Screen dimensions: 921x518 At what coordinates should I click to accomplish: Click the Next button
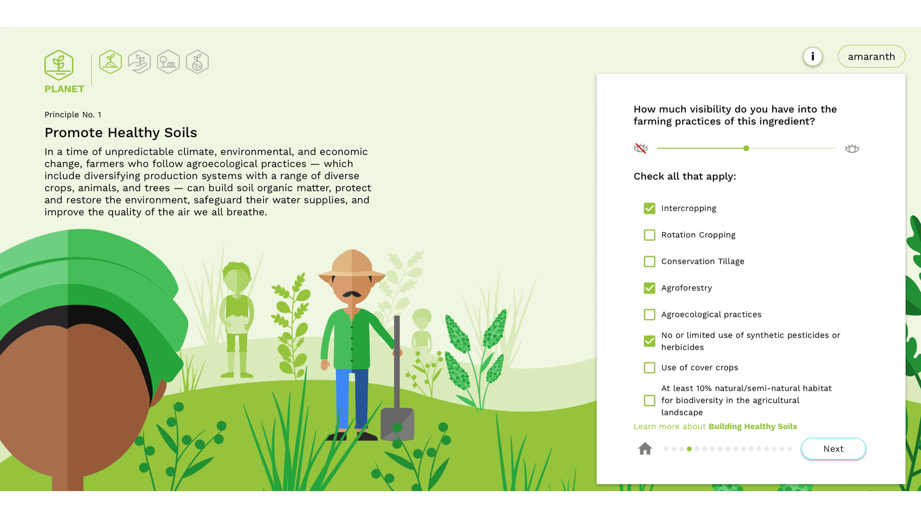click(833, 449)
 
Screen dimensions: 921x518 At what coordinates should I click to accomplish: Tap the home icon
click(645, 448)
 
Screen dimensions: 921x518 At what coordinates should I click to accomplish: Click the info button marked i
click(813, 57)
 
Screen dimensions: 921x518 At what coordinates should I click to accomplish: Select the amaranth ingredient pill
click(871, 57)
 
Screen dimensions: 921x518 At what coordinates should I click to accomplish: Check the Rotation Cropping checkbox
click(649, 235)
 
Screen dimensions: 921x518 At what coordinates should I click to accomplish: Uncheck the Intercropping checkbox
click(649, 208)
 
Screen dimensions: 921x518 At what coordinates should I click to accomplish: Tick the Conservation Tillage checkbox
click(649, 261)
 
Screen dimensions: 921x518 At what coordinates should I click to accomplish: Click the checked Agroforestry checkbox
click(649, 288)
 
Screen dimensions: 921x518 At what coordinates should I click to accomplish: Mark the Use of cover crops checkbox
click(649, 368)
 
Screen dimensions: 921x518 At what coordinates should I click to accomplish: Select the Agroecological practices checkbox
click(649, 315)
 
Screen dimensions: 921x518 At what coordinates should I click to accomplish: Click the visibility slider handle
click(746, 149)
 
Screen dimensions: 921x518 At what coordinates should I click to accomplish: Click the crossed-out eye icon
click(641, 148)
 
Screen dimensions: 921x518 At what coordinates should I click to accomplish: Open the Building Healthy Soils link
click(753, 426)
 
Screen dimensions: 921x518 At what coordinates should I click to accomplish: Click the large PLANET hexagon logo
click(59, 65)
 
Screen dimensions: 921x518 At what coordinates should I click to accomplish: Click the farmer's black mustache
click(352, 294)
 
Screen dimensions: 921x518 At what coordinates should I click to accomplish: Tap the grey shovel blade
click(397, 424)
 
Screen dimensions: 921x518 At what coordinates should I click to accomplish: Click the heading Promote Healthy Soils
click(121, 132)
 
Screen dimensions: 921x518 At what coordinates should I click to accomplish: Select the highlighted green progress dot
click(689, 449)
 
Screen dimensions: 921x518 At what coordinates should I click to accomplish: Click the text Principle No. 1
click(73, 115)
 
